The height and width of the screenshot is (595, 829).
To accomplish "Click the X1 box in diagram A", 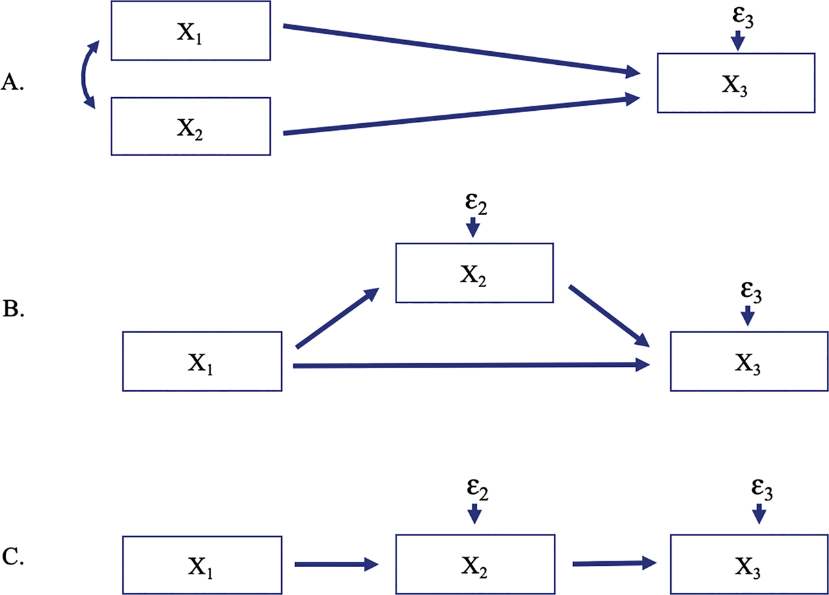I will click(x=190, y=30).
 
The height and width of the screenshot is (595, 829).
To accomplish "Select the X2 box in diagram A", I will click(x=190, y=126).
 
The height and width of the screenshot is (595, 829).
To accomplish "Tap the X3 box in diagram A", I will click(x=735, y=83).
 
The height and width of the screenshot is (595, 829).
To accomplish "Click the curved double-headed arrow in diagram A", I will click(x=85, y=73).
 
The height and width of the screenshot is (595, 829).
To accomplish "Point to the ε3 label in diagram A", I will click(x=738, y=19).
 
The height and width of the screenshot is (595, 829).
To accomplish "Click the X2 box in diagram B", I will click(x=474, y=273).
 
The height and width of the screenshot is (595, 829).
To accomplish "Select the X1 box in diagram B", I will click(x=202, y=361).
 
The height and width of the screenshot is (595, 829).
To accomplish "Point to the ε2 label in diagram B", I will click(x=474, y=205).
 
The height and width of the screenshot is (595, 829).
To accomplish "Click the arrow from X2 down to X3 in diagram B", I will click(x=609, y=315).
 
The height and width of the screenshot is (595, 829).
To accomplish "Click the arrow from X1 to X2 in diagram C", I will click(x=335, y=565).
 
